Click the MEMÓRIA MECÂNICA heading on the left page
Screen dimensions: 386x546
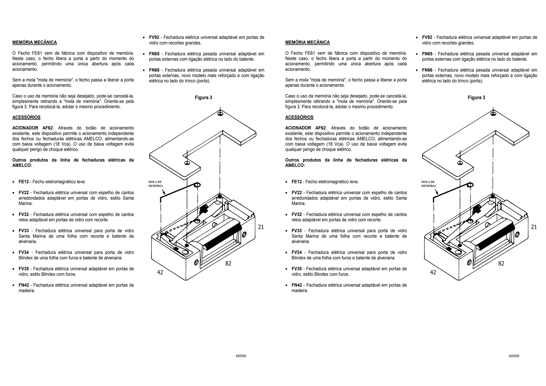(34, 42)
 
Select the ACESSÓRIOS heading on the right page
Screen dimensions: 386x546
(299, 117)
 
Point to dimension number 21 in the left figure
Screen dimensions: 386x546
(261, 227)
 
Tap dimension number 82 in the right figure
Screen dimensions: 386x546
(501, 264)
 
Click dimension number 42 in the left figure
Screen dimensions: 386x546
(160, 272)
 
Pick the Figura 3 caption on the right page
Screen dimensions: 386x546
(476, 98)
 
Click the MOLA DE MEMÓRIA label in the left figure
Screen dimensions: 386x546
(155, 184)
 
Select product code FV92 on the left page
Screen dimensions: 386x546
(154, 38)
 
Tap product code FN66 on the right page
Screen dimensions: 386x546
(427, 70)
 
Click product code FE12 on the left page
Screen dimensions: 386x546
(23, 182)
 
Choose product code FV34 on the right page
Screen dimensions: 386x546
(296, 253)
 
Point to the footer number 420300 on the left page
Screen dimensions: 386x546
(241, 356)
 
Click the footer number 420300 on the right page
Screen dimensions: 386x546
(514, 356)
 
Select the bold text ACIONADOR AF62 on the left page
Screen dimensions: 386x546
(33, 128)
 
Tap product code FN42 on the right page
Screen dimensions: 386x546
(296, 285)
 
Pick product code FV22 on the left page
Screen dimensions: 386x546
(23, 193)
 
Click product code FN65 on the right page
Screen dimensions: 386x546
(427, 54)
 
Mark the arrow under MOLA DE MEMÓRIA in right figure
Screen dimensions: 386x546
(437, 192)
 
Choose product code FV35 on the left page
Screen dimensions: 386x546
(23, 269)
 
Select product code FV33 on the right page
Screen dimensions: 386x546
(296, 231)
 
